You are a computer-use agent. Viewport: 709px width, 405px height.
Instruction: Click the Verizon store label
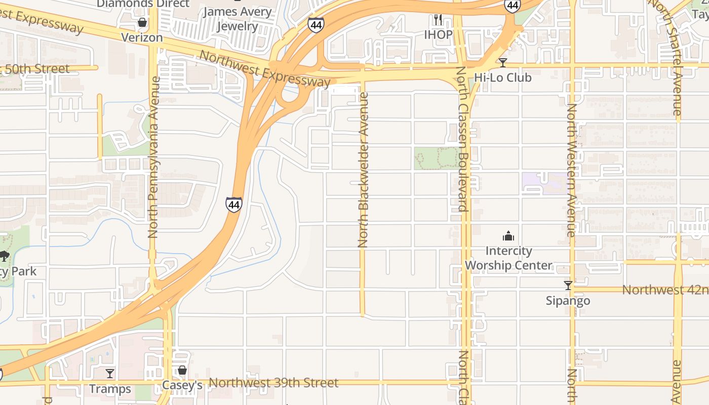pyautogui.click(x=142, y=37)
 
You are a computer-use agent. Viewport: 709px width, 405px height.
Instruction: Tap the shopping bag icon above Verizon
pyautogui.click(x=142, y=23)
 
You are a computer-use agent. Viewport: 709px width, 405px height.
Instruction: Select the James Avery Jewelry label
pyautogui.click(x=238, y=18)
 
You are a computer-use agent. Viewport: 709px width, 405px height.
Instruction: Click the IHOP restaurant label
pyautogui.click(x=438, y=34)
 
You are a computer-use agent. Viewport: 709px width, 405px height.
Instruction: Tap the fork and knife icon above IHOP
pyautogui.click(x=438, y=20)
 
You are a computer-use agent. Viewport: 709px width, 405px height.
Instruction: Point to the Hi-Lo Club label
pyautogui.click(x=502, y=77)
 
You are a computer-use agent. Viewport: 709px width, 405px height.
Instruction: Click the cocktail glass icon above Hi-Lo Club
pyautogui.click(x=502, y=63)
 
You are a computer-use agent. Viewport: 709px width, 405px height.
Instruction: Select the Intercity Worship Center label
pyautogui.click(x=508, y=258)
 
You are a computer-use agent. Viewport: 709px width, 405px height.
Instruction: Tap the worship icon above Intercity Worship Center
pyautogui.click(x=508, y=236)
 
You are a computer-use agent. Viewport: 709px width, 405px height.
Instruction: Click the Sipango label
pyautogui.click(x=568, y=301)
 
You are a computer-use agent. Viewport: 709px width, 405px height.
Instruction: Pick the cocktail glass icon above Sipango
pyautogui.click(x=568, y=286)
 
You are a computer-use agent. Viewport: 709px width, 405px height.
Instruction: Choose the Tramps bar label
pyautogui.click(x=110, y=389)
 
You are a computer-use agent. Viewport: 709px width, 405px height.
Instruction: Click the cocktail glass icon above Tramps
pyautogui.click(x=110, y=374)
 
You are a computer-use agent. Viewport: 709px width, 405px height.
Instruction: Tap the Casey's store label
pyautogui.click(x=182, y=385)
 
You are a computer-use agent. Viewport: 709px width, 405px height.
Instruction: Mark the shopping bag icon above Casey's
pyautogui.click(x=182, y=371)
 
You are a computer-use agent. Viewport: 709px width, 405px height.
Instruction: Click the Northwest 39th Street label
pyautogui.click(x=273, y=383)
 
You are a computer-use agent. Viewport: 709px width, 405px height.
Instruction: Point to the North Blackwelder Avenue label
pyautogui.click(x=363, y=170)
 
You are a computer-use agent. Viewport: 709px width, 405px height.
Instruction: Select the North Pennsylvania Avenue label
pyautogui.click(x=153, y=157)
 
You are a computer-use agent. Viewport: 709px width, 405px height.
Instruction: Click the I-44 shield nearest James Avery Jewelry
pyautogui.click(x=316, y=25)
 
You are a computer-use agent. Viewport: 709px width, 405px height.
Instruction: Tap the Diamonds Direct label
pyautogui.click(x=143, y=4)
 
